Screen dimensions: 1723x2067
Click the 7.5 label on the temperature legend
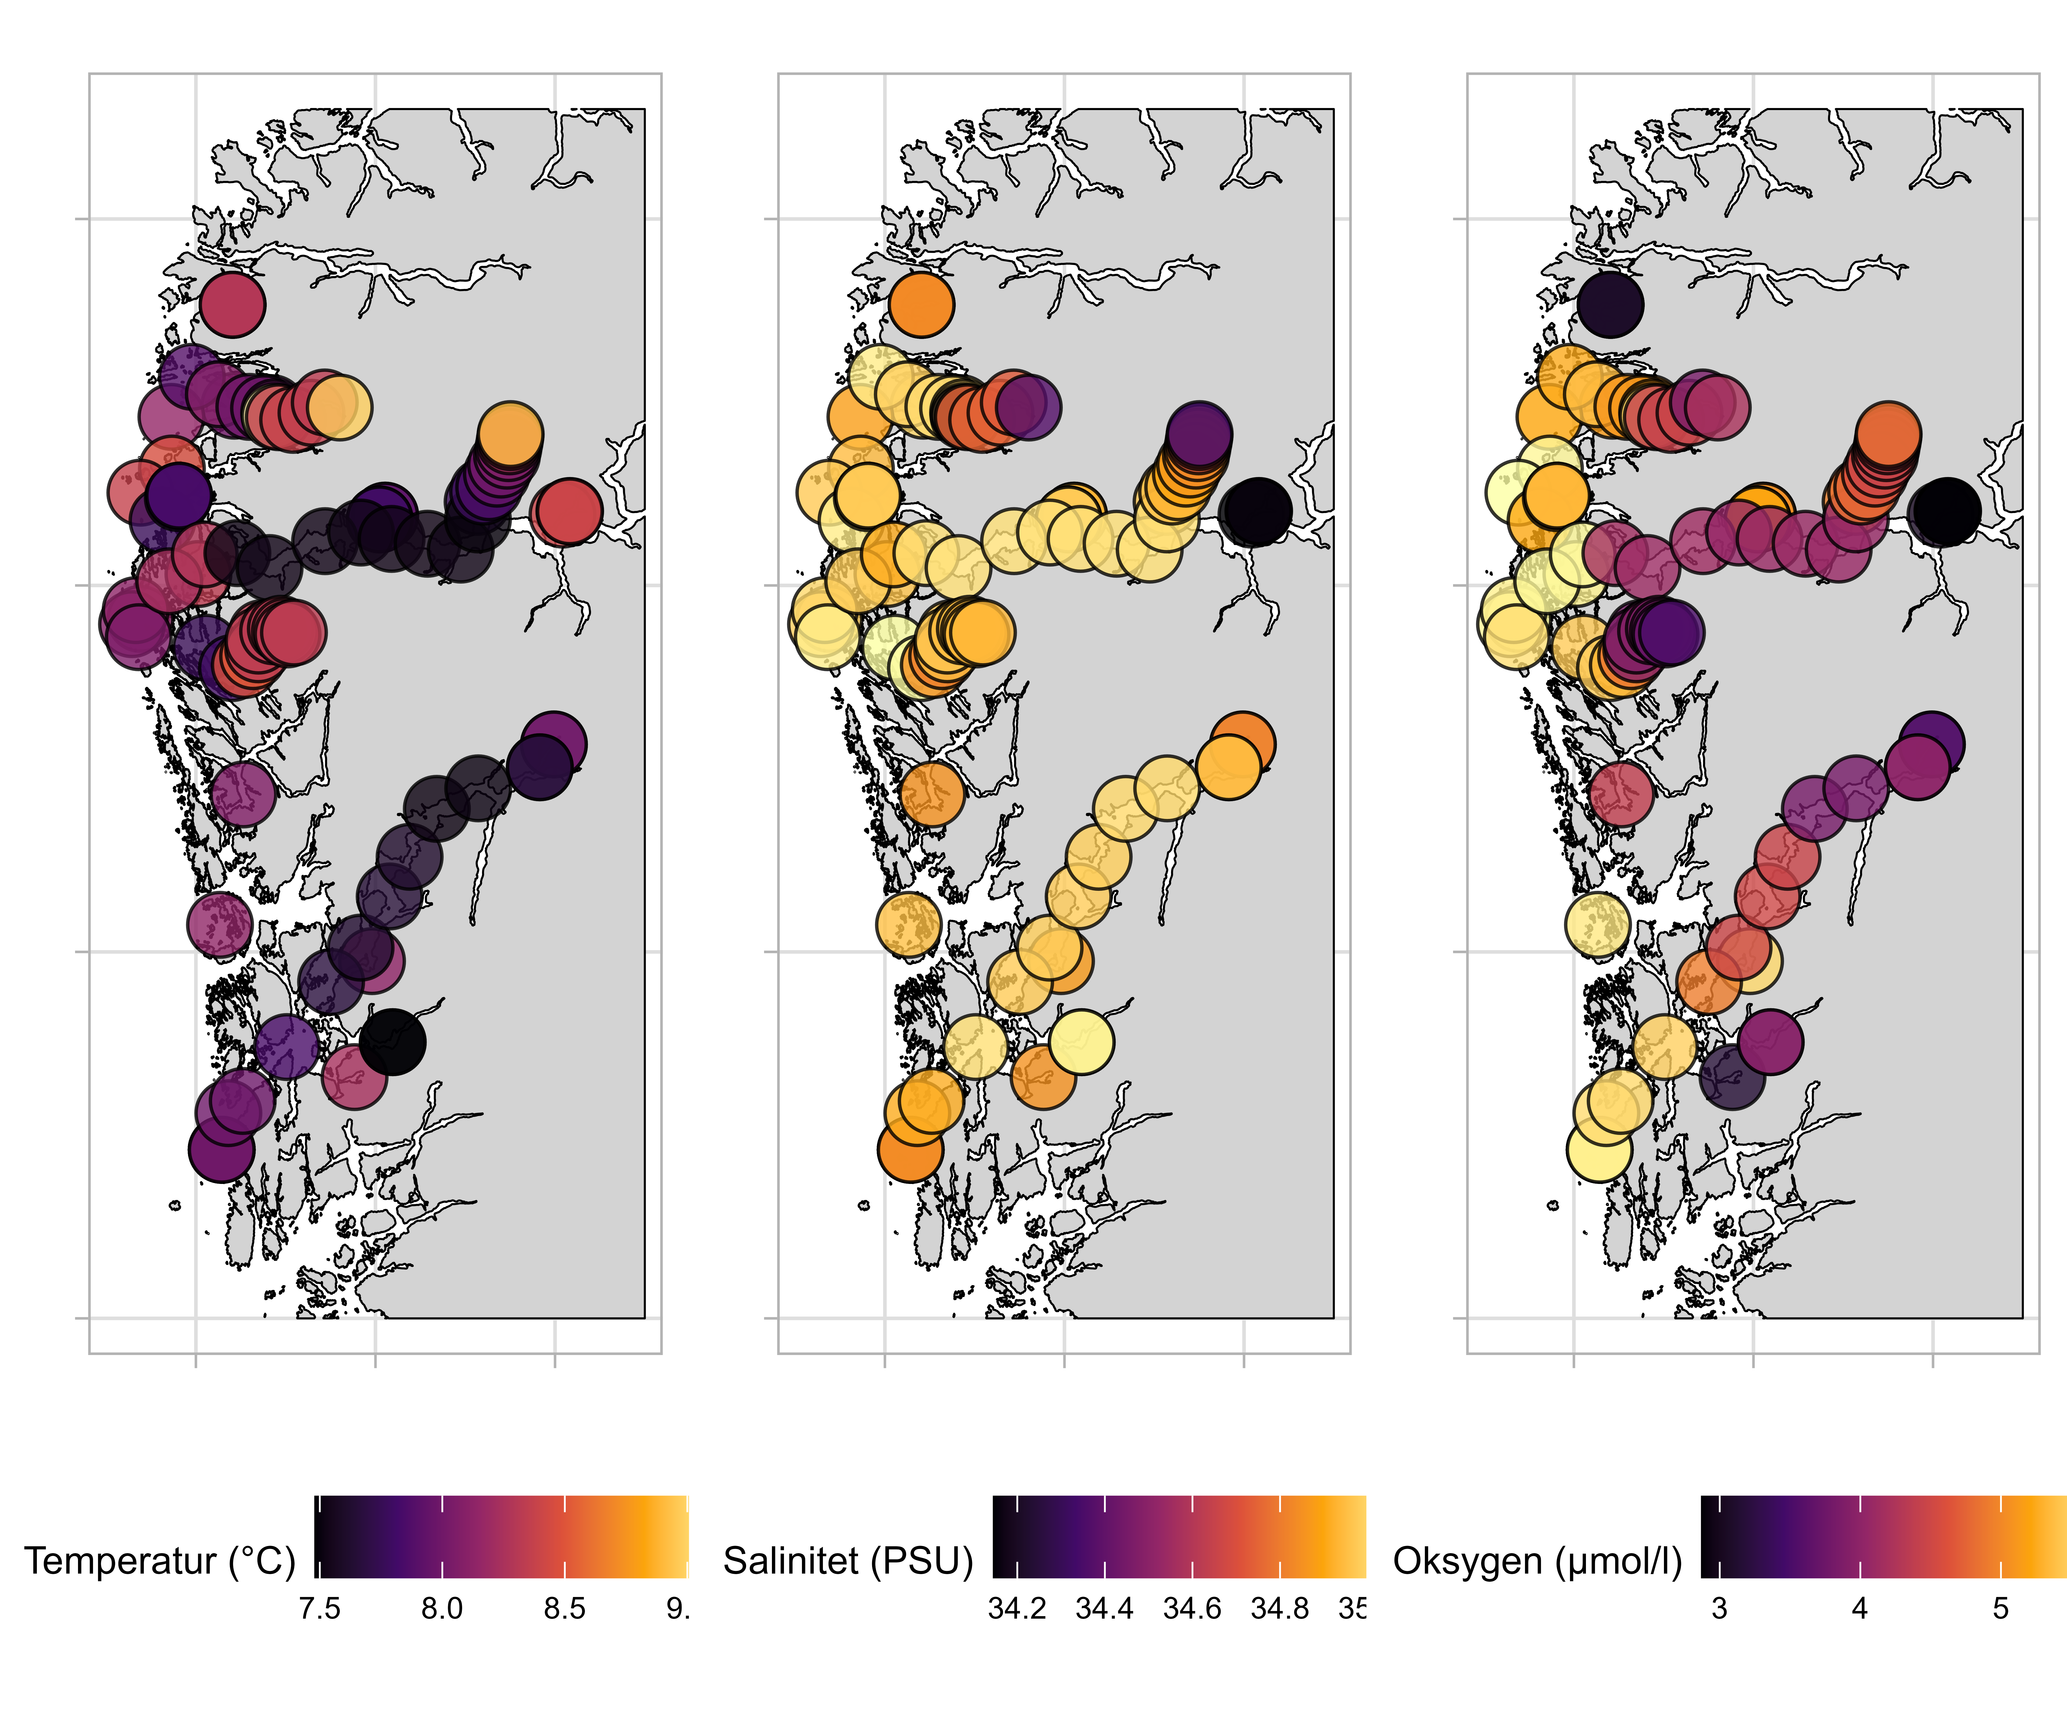(x=320, y=1609)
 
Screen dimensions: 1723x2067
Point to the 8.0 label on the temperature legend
(x=442, y=1609)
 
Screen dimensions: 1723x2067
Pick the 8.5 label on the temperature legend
(x=565, y=1609)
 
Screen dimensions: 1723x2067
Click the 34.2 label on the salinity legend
(x=1017, y=1609)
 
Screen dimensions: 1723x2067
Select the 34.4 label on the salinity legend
(x=1104, y=1609)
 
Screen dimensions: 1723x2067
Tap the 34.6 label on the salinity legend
(x=1192, y=1609)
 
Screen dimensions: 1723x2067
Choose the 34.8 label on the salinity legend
(x=1280, y=1609)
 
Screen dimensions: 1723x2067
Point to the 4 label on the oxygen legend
(x=1859, y=1609)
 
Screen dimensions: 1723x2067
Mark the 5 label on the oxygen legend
(x=2000, y=1609)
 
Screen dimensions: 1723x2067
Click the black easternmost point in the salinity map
(x=1256, y=512)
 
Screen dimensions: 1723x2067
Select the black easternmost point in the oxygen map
(x=1945, y=512)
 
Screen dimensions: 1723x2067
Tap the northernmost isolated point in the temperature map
(x=232, y=304)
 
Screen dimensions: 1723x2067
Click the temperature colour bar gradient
(x=502, y=1536)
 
